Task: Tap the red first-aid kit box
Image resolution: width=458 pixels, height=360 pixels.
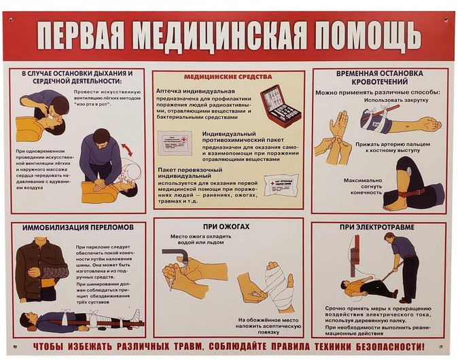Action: pos(280,106)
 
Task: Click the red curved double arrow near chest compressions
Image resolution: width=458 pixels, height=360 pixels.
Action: pos(127,149)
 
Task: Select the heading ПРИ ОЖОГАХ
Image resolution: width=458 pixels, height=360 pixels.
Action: pos(226,227)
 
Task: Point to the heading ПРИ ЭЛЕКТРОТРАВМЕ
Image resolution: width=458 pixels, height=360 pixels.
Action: pos(377,227)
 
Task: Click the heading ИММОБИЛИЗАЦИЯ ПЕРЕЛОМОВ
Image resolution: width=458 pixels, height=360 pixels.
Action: pos(78,227)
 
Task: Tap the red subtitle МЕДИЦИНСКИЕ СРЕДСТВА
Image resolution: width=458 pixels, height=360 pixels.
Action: pos(228,77)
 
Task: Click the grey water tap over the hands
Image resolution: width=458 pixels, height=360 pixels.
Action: pos(175,255)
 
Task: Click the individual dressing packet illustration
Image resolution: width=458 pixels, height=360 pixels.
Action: pos(281,185)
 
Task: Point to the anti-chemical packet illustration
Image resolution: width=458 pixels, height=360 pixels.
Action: pos(175,143)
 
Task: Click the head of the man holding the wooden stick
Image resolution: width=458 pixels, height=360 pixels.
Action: pos(389,238)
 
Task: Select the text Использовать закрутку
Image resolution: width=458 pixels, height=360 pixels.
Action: pos(396,100)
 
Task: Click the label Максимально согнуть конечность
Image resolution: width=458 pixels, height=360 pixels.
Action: pos(362,186)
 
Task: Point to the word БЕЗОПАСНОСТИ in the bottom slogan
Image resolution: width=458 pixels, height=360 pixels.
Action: pos(390,347)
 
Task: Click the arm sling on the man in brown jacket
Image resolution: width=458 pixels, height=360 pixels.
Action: pos(54,274)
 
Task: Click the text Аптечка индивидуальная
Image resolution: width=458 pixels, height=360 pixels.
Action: pos(196,91)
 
